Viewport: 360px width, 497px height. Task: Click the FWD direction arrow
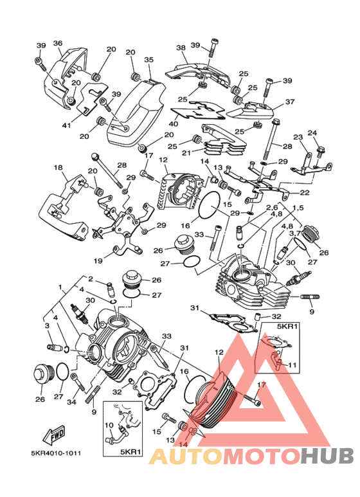coord(54,434)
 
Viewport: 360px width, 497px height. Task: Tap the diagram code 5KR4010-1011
coord(56,453)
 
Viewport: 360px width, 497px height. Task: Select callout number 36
coord(58,43)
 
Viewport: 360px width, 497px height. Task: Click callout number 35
coord(148,60)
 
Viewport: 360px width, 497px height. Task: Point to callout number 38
coord(181,48)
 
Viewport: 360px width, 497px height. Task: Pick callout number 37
coord(290,102)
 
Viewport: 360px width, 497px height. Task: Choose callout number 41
coord(66,125)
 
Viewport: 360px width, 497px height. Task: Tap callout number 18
coord(59,167)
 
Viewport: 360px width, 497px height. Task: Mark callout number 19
coord(98,261)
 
